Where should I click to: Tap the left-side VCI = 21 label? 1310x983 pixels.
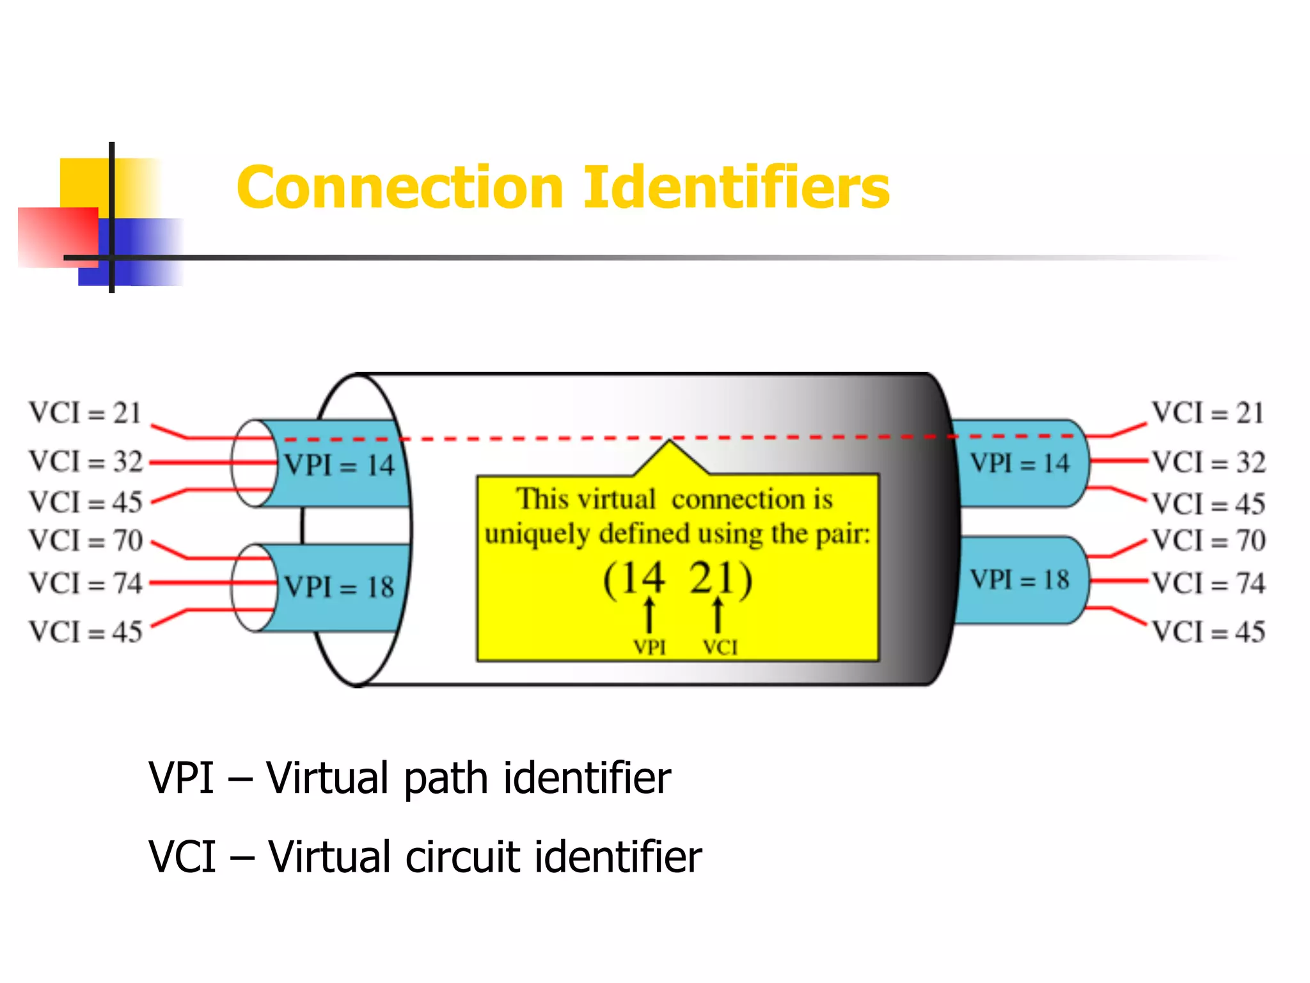coord(85,413)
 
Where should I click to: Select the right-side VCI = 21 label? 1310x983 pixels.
coord(1208,413)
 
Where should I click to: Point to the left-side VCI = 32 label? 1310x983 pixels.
coord(86,462)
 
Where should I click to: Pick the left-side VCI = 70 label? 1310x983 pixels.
coord(86,541)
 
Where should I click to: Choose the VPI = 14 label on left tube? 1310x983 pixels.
coord(339,465)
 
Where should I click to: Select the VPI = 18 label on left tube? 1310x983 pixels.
coord(339,587)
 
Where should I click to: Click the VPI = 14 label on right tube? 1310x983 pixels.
coord(1020,463)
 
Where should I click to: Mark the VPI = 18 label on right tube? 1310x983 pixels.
coord(1020,580)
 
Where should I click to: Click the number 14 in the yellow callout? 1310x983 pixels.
coord(642,579)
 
